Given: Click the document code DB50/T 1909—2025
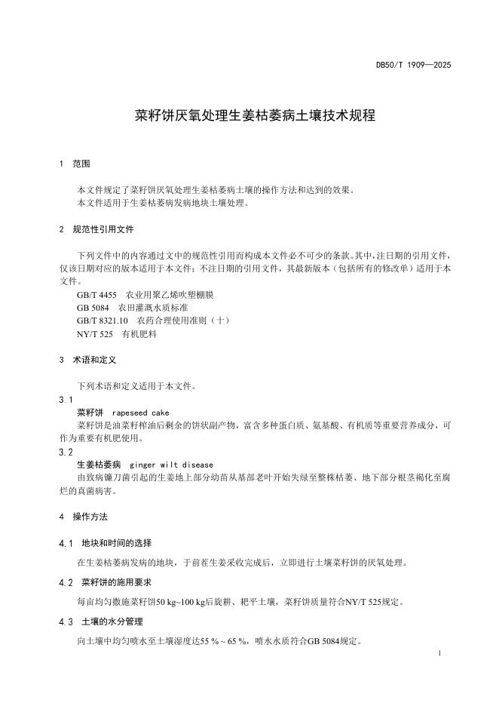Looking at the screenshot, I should (x=413, y=66).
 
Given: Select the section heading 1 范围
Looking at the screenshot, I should (x=75, y=164).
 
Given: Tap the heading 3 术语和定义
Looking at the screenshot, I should (x=88, y=360).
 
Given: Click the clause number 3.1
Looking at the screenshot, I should (x=66, y=399).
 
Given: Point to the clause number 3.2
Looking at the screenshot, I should (x=66, y=452).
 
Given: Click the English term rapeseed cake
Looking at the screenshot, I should (x=140, y=413).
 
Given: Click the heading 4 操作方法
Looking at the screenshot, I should (x=84, y=517).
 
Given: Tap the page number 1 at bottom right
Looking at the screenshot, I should (x=439, y=651).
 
